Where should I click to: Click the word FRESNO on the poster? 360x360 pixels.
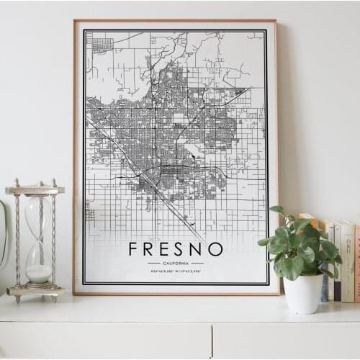pos(176,249)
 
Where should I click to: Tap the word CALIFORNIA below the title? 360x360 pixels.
pos(176,263)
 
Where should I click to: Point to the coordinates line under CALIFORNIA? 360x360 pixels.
pos(176,271)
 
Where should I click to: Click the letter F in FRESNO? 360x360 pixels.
pos(134,249)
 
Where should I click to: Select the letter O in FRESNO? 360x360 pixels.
pos(215,249)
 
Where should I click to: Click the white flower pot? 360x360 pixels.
pos(303,293)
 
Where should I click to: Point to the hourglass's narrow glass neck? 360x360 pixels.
pos(39,238)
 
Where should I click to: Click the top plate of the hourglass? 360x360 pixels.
pos(35,190)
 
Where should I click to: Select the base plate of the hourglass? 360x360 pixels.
pos(35,291)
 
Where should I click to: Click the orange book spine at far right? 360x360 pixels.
pos(356,263)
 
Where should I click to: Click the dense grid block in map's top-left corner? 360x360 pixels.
pos(102,45)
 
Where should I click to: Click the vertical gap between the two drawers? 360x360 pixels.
pos(212,341)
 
